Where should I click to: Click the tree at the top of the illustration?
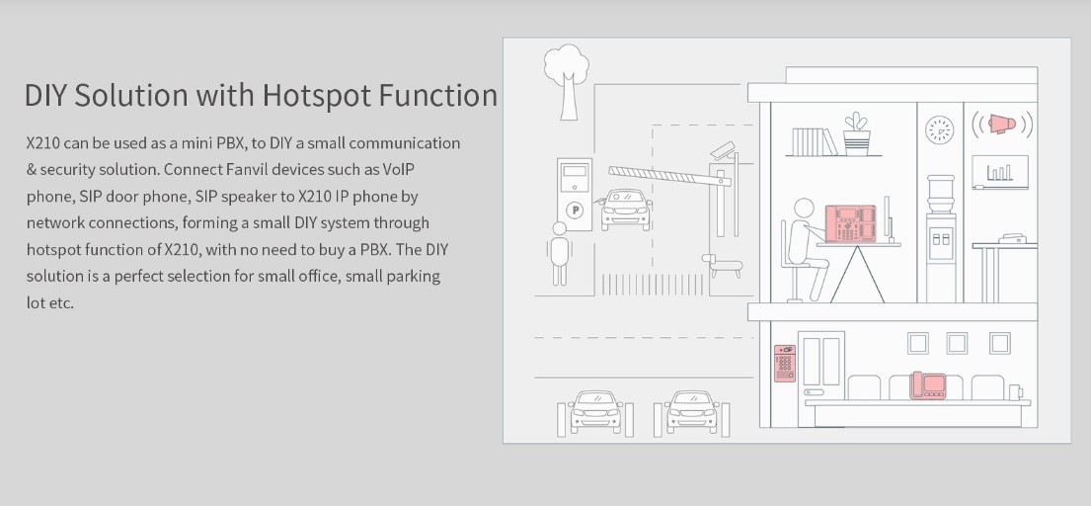pos(567,81)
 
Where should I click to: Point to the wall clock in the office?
pos(939,130)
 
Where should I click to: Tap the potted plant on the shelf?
pos(857,133)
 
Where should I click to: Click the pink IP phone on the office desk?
pos(849,223)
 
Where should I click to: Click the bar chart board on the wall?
pos(1000,172)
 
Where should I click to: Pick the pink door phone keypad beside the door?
pos(785,363)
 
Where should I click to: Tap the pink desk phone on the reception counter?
pos(928,385)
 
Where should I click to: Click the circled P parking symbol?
pos(575,210)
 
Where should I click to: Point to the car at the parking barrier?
pos(626,210)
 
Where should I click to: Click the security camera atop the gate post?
pos(724,149)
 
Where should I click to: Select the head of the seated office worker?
pos(804,209)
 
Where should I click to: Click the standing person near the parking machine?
pos(559,253)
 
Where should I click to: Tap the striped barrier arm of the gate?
pos(669,176)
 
